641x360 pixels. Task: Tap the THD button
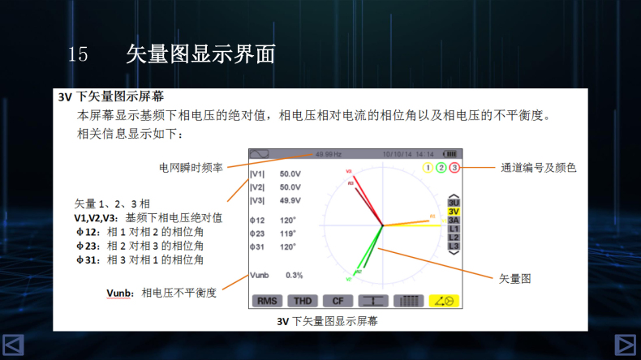pyautogui.click(x=302, y=300)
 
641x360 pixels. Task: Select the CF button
pyautogui.click(x=338, y=300)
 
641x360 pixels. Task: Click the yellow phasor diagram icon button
pyautogui.click(x=445, y=300)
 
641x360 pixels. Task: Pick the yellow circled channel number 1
pyautogui.click(x=427, y=168)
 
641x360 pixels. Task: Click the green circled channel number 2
pyautogui.click(x=441, y=168)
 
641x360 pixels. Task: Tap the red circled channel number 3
pyautogui.click(x=454, y=168)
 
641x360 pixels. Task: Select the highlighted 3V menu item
pyautogui.click(x=454, y=211)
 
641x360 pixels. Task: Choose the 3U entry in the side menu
pyautogui.click(x=454, y=202)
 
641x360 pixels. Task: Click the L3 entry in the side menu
pyautogui.click(x=454, y=246)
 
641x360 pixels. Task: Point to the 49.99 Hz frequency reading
pyautogui.click(x=329, y=154)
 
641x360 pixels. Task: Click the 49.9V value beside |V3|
pyautogui.click(x=290, y=200)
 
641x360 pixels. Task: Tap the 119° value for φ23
pyautogui.click(x=288, y=233)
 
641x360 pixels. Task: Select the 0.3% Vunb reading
pyautogui.click(x=293, y=275)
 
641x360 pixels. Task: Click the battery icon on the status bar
pyautogui.click(x=450, y=154)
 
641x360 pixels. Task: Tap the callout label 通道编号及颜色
pyautogui.click(x=539, y=168)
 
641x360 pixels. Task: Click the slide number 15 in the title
pyautogui.click(x=78, y=54)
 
